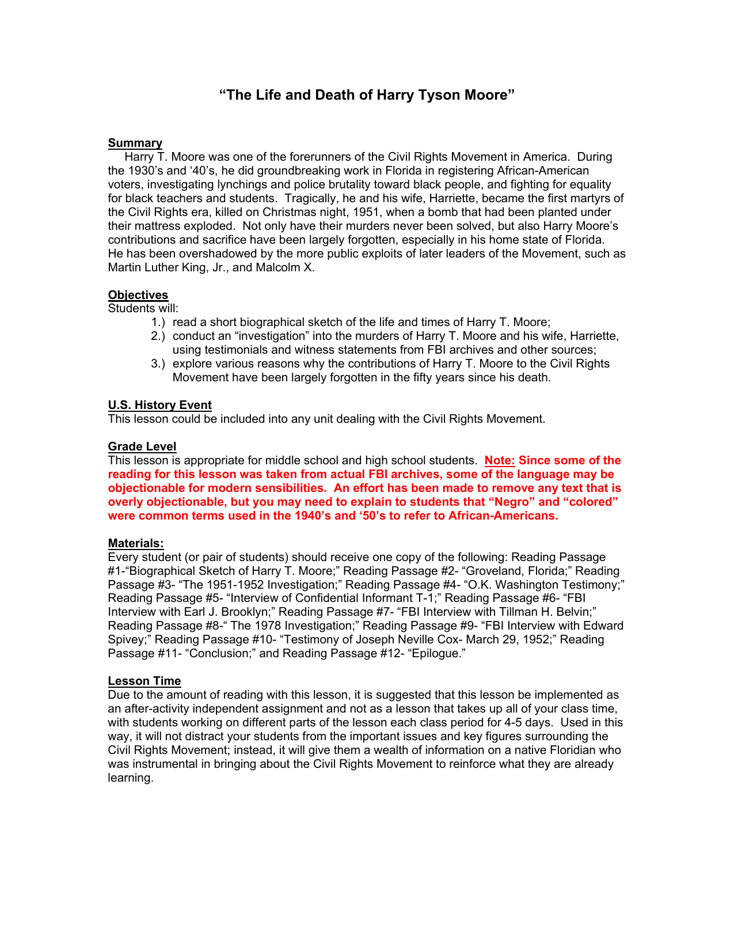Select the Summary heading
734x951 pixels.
pos(135,143)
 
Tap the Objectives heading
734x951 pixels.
pos(138,295)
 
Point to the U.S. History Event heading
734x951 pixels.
pos(160,405)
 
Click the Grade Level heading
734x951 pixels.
pos(142,446)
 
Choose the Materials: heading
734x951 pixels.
pos(136,543)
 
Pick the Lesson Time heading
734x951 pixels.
pos(144,681)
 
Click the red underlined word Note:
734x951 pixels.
pos(500,460)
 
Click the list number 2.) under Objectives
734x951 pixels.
pos(158,336)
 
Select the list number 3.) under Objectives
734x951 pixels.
pos(158,363)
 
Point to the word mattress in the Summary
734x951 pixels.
pos(158,226)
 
